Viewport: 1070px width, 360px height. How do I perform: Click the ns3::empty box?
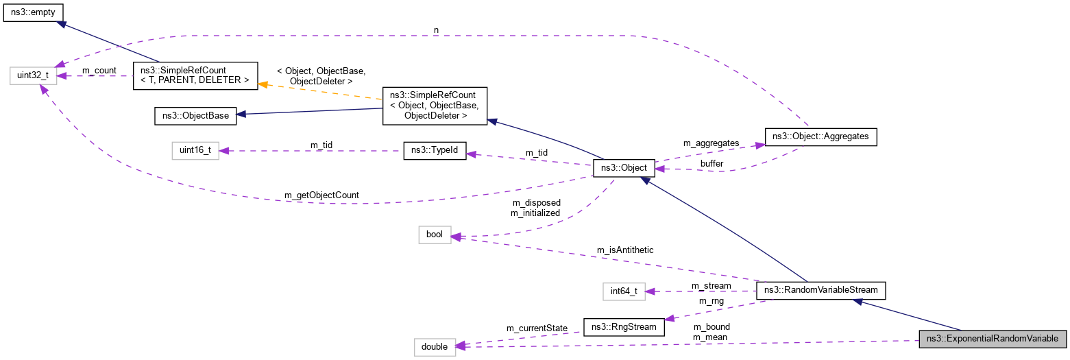[x=34, y=13]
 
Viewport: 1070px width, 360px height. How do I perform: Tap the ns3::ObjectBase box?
[x=195, y=115]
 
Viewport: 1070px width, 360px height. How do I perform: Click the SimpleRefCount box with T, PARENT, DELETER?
[x=196, y=75]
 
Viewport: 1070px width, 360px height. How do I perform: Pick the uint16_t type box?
[x=195, y=151]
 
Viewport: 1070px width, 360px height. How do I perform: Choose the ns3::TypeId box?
[x=435, y=151]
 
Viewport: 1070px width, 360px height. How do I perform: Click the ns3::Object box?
[x=624, y=167]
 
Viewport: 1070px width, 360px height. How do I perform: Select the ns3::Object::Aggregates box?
[x=820, y=136]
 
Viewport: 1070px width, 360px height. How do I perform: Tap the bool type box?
[x=435, y=235]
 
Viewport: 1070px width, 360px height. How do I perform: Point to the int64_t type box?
[x=624, y=291]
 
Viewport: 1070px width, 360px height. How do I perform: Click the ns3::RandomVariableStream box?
[x=820, y=291]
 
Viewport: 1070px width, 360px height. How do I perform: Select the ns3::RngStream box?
[x=624, y=326]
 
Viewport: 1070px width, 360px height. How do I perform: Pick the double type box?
[x=435, y=347]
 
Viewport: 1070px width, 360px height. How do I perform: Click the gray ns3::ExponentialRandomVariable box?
[x=993, y=339]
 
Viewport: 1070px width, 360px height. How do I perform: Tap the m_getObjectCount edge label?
[x=321, y=196]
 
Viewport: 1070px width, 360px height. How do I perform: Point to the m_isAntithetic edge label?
[x=624, y=250]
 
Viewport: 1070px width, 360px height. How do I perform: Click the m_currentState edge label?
[x=536, y=328]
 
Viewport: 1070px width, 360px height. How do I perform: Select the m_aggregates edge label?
[x=712, y=143]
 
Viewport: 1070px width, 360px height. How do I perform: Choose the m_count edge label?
[x=99, y=71]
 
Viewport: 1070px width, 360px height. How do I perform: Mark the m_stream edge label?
[x=711, y=285]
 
